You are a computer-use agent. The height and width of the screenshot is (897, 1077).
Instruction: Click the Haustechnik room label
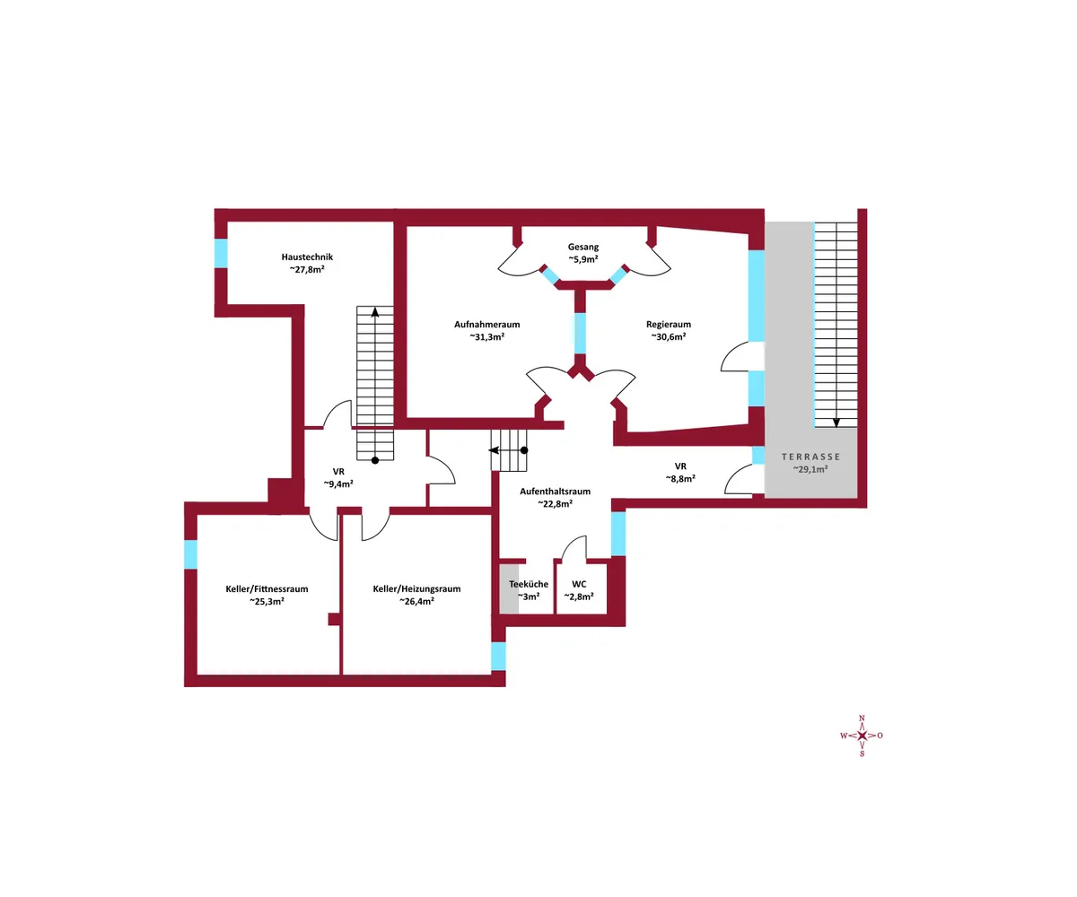click(x=307, y=257)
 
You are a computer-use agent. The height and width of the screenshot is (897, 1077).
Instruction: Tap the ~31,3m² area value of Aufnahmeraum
click(x=487, y=337)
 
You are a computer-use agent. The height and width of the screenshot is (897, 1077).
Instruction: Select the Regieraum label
click(x=669, y=324)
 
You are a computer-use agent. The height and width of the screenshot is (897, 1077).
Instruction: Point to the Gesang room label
click(x=583, y=247)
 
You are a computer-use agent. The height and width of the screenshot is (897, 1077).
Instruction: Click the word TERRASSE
click(x=810, y=457)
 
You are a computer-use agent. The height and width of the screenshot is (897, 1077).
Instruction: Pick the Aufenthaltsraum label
click(x=555, y=492)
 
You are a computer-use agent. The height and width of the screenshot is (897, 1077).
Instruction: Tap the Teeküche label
click(x=529, y=584)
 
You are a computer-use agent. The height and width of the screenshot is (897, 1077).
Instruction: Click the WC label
click(x=579, y=584)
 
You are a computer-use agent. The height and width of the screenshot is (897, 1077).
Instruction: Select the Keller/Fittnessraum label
click(x=267, y=588)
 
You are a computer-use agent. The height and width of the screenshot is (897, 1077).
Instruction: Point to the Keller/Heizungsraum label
click(x=416, y=588)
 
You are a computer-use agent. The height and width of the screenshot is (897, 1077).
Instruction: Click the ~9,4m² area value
click(x=338, y=484)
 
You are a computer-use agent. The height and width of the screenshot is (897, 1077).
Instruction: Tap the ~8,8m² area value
click(x=680, y=479)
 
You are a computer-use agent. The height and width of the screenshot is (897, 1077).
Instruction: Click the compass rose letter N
click(x=862, y=718)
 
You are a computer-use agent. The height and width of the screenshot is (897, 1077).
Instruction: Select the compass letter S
click(x=862, y=753)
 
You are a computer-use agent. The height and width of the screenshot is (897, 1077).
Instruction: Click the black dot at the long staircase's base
click(x=375, y=460)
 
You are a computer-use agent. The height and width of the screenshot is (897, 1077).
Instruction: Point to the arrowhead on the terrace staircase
click(x=836, y=422)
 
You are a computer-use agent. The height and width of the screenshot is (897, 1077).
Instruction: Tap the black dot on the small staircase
click(x=524, y=450)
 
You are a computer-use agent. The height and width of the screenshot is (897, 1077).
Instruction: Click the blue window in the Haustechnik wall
click(x=221, y=253)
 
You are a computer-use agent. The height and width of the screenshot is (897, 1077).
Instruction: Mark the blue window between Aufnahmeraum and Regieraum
click(x=581, y=333)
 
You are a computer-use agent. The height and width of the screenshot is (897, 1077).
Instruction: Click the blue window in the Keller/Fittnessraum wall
click(x=191, y=554)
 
